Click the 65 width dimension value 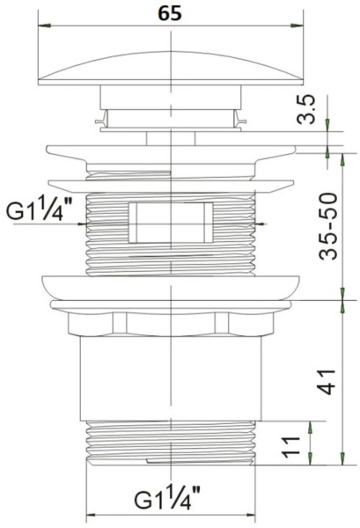coord(170,14)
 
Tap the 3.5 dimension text coord(306,109)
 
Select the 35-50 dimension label coord(328,226)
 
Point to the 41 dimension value coord(327,382)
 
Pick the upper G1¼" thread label coord(40,209)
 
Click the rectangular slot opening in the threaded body coord(171,223)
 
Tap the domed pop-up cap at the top coord(171,68)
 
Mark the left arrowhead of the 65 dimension coord(45,26)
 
